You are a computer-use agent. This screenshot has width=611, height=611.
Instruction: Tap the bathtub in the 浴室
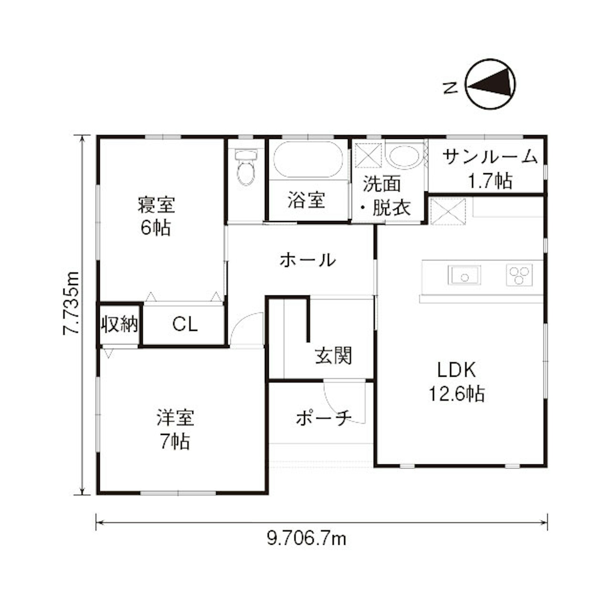308,159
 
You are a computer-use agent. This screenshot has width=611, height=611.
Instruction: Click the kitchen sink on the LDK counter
464,275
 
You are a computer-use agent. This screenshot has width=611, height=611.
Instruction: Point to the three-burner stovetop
519,275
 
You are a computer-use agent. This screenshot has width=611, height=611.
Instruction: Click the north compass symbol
490,84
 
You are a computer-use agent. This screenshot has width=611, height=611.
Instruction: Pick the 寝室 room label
157,205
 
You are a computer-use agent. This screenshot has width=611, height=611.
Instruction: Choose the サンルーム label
490,157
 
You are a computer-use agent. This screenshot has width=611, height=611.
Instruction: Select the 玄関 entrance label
333,356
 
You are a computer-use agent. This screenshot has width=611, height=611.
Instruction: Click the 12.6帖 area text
456,394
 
